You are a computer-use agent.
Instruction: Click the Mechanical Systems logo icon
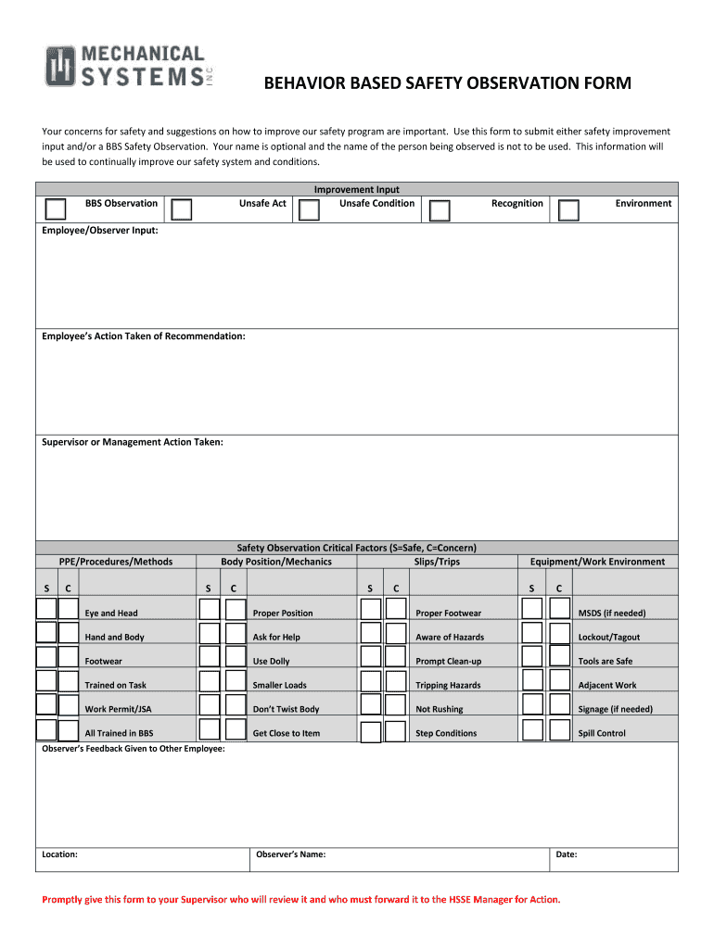tap(61, 66)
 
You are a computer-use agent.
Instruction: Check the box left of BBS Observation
tap(56, 209)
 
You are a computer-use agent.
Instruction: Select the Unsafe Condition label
tap(376, 203)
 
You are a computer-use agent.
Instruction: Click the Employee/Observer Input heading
tap(100, 231)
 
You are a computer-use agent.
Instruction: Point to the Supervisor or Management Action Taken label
tap(133, 442)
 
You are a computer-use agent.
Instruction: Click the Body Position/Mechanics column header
tap(276, 562)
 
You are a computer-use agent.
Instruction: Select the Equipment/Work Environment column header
tap(597, 562)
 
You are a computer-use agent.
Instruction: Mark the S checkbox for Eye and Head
tap(45, 609)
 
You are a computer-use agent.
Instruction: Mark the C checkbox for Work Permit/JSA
tap(69, 705)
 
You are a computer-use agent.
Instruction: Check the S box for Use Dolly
tap(210, 657)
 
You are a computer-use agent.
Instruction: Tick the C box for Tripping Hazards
tap(396, 681)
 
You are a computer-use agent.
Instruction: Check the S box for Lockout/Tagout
tap(531, 633)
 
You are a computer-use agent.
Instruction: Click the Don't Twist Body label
tap(286, 709)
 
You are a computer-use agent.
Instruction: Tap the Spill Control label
tap(602, 733)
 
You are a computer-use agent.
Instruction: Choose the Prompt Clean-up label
tap(449, 661)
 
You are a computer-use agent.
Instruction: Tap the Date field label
tap(567, 854)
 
